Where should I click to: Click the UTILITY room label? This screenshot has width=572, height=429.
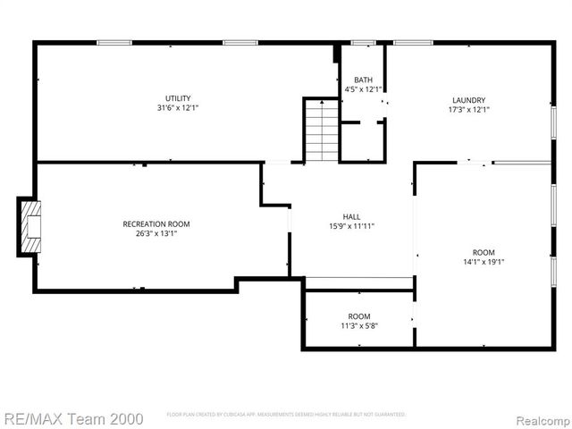click(177, 98)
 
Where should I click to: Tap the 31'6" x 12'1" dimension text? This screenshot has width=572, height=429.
click(177, 108)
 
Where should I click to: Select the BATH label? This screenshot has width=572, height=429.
click(363, 80)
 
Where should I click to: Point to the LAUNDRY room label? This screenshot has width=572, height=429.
click(468, 100)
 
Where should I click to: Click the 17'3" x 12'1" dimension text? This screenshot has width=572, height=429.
click(468, 110)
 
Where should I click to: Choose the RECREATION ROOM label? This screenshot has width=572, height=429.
click(156, 224)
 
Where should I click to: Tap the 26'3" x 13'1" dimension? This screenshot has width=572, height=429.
click(156, 234)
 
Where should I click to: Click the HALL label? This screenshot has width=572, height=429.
click(352, 216)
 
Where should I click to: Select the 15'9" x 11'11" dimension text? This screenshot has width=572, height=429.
click(352, 226)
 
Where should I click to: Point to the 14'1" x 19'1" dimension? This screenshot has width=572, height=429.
click(484, 263)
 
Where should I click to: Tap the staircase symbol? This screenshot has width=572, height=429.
click(322, 130)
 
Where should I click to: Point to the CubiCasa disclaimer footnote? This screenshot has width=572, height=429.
click(286, 415)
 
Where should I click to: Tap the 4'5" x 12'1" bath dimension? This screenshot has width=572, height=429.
click(363, 89)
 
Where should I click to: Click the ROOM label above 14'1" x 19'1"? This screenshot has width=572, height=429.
click(484, 253)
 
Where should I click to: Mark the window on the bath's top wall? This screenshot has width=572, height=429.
click(363, 42)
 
